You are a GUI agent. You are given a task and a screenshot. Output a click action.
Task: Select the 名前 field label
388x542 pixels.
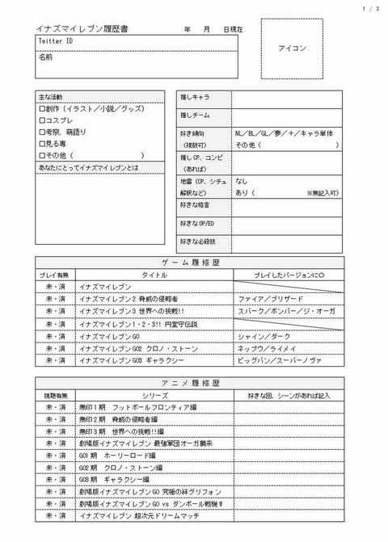point(46,57)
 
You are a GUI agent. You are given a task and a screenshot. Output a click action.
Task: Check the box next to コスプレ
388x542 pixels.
point(42,120)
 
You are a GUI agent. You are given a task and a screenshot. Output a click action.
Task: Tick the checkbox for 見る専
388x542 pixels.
point(42,144)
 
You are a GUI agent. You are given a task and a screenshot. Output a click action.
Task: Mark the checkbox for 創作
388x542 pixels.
point(42,108)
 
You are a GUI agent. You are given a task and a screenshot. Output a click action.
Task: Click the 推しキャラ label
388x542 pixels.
point(196,99)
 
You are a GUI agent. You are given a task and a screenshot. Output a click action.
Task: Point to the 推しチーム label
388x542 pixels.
point(196,116)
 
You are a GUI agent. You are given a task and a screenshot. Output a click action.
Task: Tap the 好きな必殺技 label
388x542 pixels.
point(198,241)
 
